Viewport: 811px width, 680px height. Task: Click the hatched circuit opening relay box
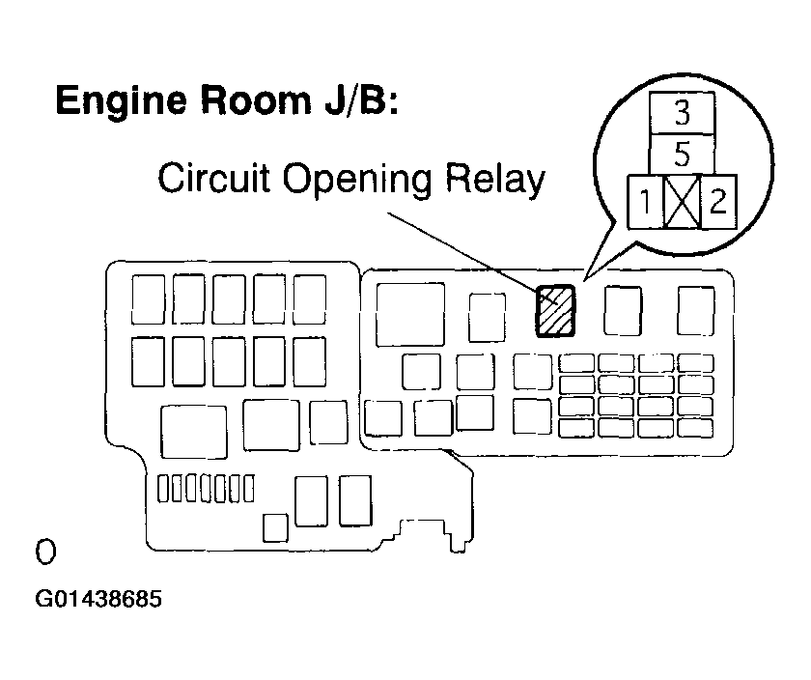(x=555, y=310)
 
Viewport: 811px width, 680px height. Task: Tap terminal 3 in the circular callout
(x=682, y=114)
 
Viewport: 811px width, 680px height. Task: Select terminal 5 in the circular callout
(x=682, y=154)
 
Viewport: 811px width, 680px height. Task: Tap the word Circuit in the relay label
(x=210, y=180)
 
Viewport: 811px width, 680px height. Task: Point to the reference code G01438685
(x=98, y=599)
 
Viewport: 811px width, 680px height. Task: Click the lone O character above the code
(x=45, y=552)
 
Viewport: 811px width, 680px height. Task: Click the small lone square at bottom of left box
(x=275, y=526)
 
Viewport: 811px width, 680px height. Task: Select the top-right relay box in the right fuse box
(x=695, y=310)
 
